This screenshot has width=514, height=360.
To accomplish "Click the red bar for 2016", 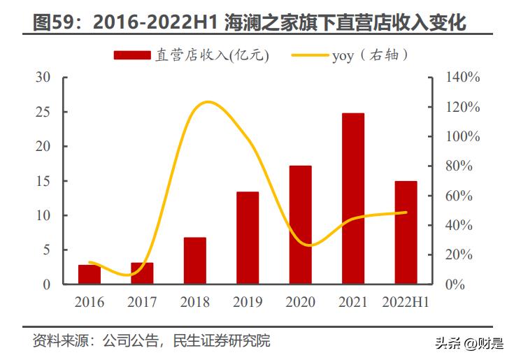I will click(89, 275).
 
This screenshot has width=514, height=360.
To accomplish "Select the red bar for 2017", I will click(142, 273).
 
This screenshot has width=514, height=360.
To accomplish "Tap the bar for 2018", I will click(195, 261).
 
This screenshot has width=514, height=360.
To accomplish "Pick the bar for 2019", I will click(248, 238).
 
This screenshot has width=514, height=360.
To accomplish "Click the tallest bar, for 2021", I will click(353, 199).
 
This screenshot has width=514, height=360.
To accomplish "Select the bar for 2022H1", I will click(406, 233).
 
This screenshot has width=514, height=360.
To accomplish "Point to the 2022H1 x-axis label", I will click(406, 302).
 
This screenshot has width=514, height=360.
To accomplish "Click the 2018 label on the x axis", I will click(194, 302).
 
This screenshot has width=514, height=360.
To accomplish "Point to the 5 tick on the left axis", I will click(46, 250).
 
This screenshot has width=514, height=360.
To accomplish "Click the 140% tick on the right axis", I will click(463, 78).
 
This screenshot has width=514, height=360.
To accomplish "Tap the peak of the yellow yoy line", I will click(207, 102).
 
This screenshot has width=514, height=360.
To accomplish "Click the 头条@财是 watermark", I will click(468, 343).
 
